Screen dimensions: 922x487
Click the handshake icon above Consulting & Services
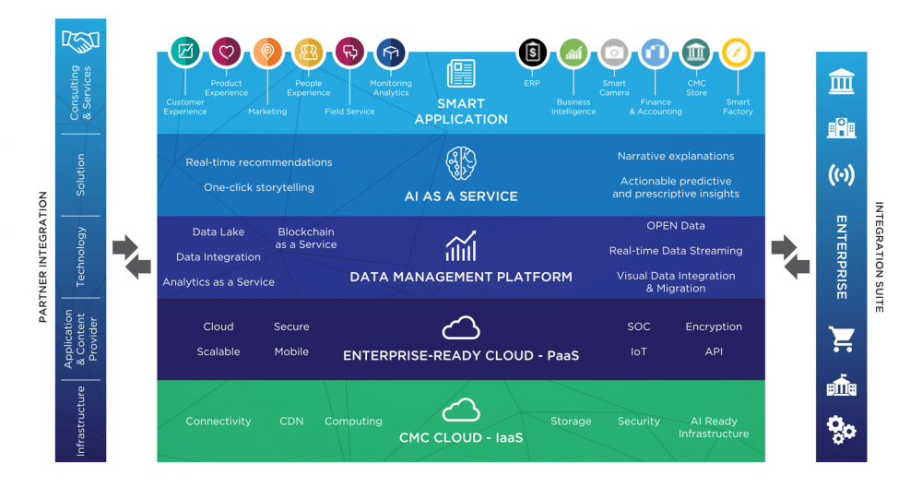point(80,42)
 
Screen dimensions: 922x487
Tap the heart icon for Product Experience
point(227,52)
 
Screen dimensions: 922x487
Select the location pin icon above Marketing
point(267,52)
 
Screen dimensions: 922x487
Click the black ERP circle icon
point(532,52)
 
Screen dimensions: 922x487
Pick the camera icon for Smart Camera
point(614,53)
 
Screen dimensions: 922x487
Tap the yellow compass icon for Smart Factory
point(737,53)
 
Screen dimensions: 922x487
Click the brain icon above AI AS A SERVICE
point(461,163)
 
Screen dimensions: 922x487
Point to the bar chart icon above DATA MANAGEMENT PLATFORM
point(461,245)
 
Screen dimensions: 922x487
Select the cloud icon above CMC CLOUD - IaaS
point(461,410)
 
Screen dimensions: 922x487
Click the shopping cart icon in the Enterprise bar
point(842,339)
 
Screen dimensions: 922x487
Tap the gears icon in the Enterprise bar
point(842,430)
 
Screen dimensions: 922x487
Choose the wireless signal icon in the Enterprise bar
point(842,174)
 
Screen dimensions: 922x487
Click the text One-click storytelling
point(259,187)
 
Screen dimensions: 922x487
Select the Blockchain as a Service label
point(306,238)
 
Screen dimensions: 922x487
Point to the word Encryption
point(714,327)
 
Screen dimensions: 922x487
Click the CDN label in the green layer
point(291,422)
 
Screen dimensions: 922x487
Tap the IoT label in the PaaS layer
point(639,351)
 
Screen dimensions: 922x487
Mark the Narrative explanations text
point(676,157)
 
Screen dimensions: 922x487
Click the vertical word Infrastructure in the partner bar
point(80,422)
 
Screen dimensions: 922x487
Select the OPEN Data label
point(676,226)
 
